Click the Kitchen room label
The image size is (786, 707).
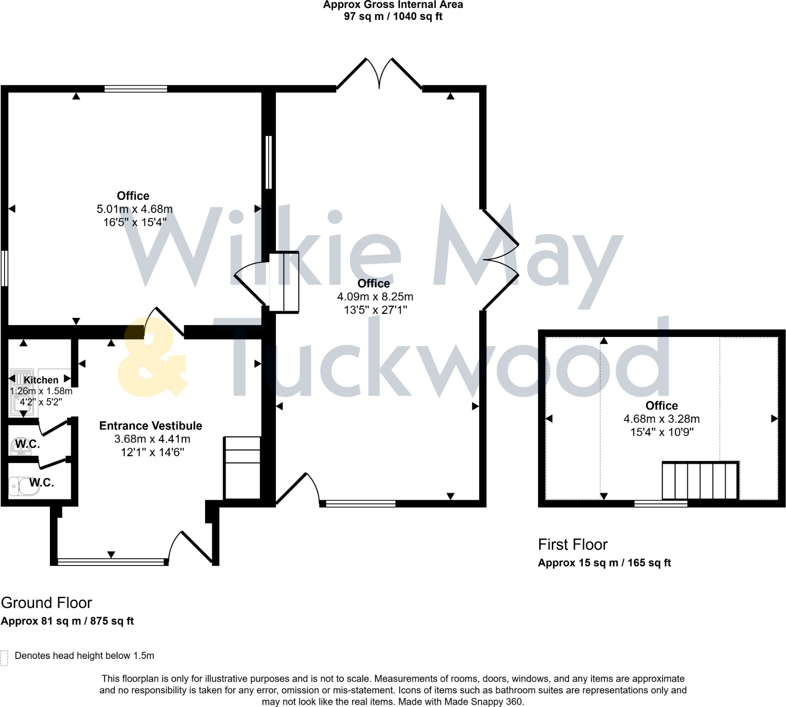click(x=41, y=380)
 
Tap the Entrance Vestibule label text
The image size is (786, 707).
click(x=151, y=426)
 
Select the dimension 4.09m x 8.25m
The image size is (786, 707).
click(x=375, y=297)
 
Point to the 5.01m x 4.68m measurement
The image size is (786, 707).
click(x=134, y=209)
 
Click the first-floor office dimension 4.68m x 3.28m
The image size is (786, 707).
click(x=661, y=419)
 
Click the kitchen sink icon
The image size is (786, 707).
click(x=22, y=393)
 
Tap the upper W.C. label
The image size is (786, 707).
click(x=27, y=444)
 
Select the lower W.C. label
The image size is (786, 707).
click(x=42, y=483)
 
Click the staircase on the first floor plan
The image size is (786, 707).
click(x=700, y=481)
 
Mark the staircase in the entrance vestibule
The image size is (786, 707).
click(x=242, y=468)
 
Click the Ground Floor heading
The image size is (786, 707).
click(x=46, y=603)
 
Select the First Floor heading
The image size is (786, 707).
click(x=572, y=544)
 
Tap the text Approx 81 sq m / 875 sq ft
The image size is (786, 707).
click(x=67, y=621)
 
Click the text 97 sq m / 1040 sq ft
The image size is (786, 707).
click(x=393, y=16)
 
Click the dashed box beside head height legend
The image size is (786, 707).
click(x=5, y=658)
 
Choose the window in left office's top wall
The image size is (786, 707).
click(x=136, y=89)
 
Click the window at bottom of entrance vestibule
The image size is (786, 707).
click(x=111, y=562)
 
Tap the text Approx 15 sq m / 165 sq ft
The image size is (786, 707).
click(x=604, y=563)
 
